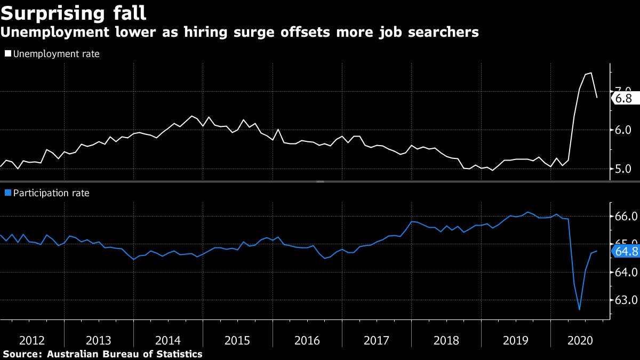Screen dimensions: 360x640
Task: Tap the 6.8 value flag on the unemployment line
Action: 623,99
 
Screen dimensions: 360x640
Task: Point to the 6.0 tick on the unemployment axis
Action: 623,130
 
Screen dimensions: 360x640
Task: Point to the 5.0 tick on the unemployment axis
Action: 623,169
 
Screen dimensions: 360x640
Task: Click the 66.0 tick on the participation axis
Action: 626,217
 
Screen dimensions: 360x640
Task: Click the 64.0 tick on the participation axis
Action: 626,273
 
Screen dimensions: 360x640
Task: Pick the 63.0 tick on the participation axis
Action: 626,300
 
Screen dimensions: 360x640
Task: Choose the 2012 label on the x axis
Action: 31,340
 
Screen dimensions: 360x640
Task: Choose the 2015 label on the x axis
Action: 238,340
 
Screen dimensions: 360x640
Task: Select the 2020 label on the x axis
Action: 585,340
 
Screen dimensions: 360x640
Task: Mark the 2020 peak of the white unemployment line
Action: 590,73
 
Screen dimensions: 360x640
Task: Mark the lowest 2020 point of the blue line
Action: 579,309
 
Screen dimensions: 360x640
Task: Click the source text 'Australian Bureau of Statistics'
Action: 125,354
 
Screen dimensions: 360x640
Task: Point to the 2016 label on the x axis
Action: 307,340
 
